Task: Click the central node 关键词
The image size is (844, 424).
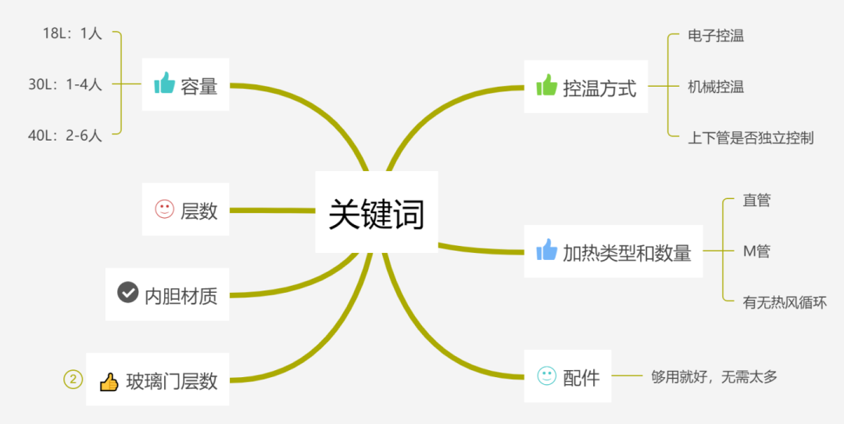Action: pos(376,212)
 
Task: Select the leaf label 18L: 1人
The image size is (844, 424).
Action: pos(73,33)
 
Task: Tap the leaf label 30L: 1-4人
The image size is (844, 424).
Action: pos(66,84)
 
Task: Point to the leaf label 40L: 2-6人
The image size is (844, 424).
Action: pos(66,135)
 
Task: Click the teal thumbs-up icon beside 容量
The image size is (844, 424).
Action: pos(164,83)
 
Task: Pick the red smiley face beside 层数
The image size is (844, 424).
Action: pos(164,209)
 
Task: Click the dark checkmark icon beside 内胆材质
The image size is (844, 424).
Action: pos(128,293)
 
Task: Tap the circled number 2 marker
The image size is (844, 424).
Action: pos(73,380)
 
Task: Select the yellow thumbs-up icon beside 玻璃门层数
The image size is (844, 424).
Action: pos(109,381)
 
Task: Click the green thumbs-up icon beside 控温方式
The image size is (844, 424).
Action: pos(547,85)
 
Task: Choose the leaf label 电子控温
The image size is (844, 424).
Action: pos(716,36)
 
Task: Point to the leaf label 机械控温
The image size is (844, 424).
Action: pos(716,87)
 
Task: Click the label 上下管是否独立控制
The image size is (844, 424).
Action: pos(751,137)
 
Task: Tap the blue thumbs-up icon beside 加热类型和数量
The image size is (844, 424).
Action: pos(547,250)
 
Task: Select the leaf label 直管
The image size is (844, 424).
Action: pos(756,201)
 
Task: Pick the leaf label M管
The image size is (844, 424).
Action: pos(756,251)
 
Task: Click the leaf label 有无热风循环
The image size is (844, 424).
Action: pos(785,302)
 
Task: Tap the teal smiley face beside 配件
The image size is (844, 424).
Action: pos(547,376)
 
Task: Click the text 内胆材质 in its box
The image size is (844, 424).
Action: pos(181,294)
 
